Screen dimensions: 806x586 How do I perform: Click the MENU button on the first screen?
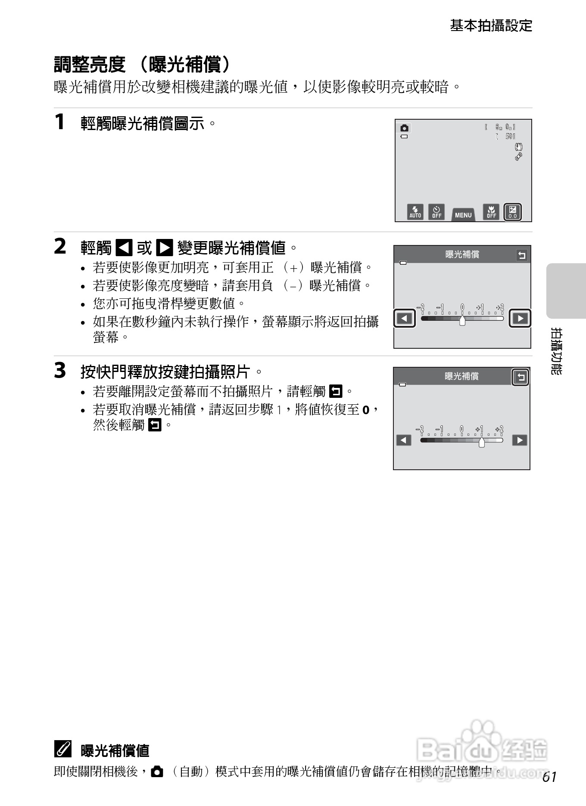pyautogui.click(x=463, y=214)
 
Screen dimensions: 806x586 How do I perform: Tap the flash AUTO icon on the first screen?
pyautogui.click(x=415, y=212)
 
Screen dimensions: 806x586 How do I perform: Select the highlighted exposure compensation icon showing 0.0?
pyautogui.click(x=512, y=212)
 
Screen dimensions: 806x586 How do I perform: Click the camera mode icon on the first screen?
pyautogui.click(x=404, y=128)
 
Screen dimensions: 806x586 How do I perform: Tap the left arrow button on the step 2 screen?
pyautogui.click(x=405, y=319)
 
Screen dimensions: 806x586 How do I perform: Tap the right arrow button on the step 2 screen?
pyautogui.click(x=520, y=319)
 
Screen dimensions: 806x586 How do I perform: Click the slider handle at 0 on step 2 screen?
pyautogui.click(x=462, y=321)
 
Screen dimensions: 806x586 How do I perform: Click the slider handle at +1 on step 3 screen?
pyautogui.click(x=482, y=442)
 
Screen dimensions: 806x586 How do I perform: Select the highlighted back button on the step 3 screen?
pyautogui.click(x=521, y=378)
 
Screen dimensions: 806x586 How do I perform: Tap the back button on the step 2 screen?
pyautogui.click(x=521, y=255)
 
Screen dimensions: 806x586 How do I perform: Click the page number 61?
pyautogui.click(x=550, y=777)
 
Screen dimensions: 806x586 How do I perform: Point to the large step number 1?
pyautogui.click(x=60, y=122)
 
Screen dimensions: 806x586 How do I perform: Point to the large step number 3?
pyautogui.click(x=60, y=371)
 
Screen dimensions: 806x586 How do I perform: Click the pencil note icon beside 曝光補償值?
pyautogui.click(x=63, y=750)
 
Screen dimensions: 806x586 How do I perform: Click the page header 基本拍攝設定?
pyautogui.click(x=491, y=26)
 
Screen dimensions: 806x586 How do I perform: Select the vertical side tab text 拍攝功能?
pyautogui.click(x=556, y=351)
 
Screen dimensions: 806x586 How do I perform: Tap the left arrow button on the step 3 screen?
pyautogui.click(x=404, y=440)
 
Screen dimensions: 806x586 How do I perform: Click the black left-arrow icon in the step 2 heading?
pyautogui.click(x=125, y=248)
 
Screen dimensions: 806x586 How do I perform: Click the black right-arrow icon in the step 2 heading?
pyautogui.click(x=164, y=248)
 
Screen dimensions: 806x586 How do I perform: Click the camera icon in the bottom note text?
pyautogui.click(x=157, y=772)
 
